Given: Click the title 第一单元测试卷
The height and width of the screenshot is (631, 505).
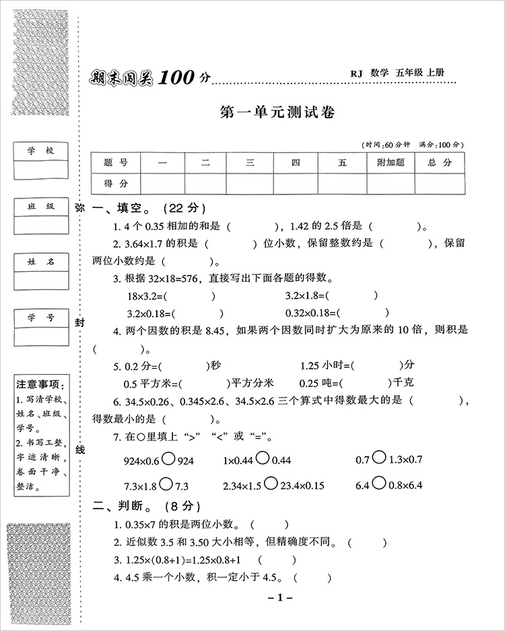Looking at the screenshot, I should point(277,112).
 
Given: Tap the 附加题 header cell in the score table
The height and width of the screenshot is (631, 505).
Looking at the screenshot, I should point(391,162).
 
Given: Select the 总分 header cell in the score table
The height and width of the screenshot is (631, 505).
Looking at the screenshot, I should point(440,162).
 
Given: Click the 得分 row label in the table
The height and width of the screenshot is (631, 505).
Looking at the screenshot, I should point(116,183).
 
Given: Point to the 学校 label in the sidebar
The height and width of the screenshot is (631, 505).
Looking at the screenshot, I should point(40,151).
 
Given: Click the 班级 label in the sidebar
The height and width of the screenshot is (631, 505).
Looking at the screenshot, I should point(40,207).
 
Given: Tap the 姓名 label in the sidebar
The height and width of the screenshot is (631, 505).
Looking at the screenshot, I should point(40,262).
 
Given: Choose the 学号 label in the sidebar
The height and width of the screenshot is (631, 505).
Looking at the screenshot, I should point(40,318).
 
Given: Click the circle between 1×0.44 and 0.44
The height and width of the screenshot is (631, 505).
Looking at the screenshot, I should point(263,459).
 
